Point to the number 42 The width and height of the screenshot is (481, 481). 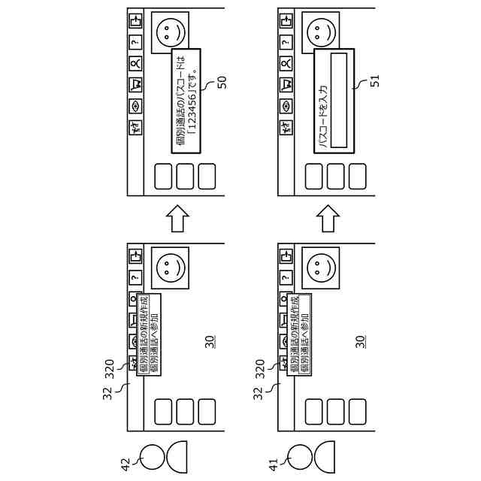(x=127, y=463)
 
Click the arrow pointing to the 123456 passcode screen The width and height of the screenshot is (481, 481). (x=177, y=219)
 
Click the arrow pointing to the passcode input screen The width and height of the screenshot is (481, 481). (x=327, y=219)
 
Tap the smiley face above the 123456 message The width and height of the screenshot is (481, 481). (x=170, y=32)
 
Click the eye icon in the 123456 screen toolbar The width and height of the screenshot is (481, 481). (x=135, y=106)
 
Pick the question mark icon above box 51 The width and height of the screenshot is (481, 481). (x=286, y=44)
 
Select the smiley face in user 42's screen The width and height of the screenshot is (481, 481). (x=170, y=268)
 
